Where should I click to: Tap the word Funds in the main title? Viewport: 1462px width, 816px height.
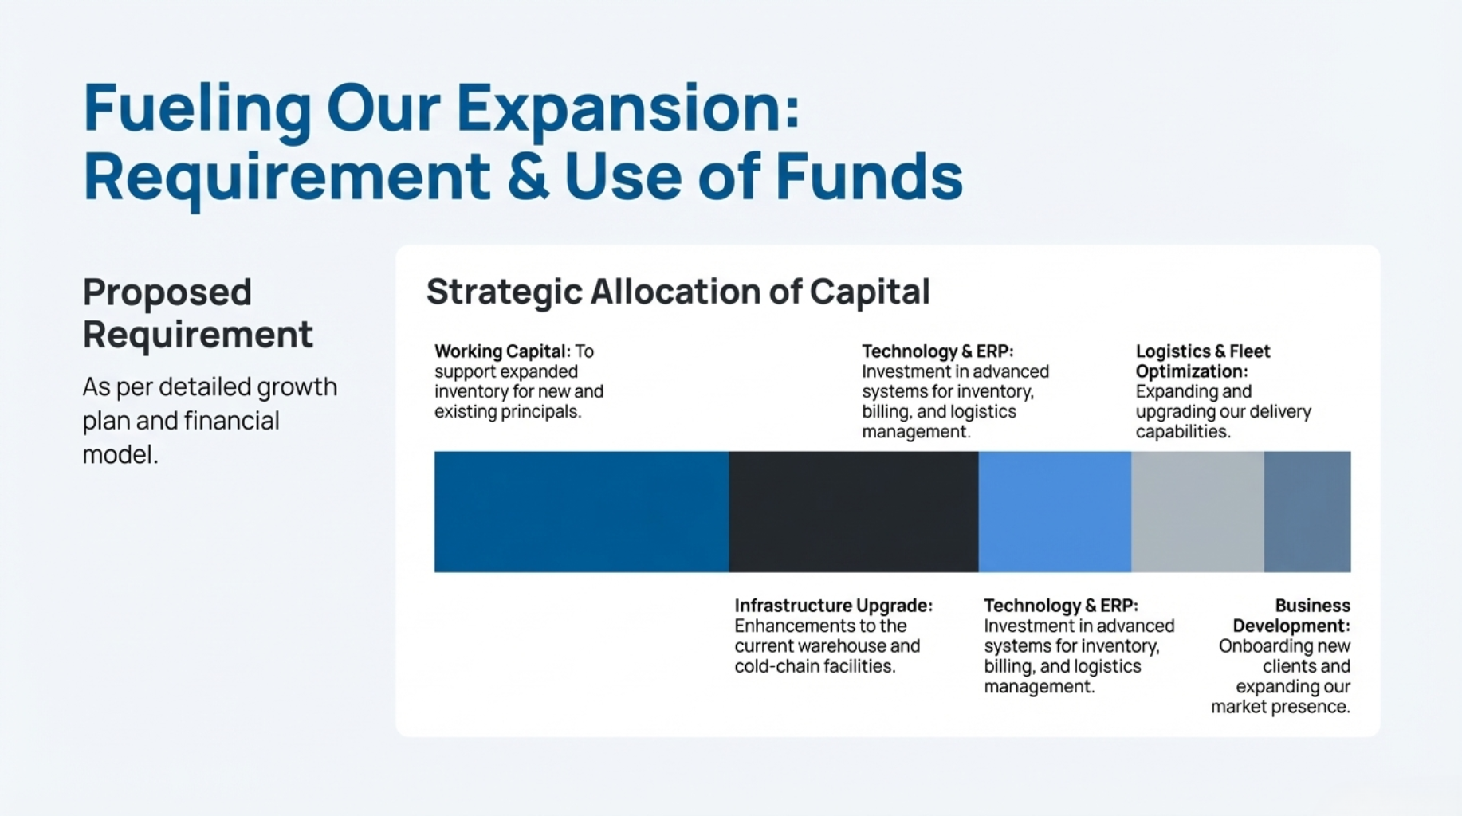(869, 176)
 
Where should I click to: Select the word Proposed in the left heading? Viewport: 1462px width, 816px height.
(167, 292)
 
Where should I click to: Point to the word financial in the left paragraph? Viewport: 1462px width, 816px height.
(231, 420)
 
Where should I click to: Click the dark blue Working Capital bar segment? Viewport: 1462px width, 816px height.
(582, 512)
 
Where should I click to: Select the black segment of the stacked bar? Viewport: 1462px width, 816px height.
(854, 512)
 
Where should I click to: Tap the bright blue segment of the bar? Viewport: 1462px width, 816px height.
(1055, 512)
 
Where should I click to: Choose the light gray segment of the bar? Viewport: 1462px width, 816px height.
(1197, 512)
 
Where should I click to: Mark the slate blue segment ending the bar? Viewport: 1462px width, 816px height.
(1307, 512)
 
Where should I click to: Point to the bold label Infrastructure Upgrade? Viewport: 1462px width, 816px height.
(834, 606)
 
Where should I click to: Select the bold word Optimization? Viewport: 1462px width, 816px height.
(1192, 371)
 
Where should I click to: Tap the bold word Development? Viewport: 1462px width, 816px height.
(1291, 626)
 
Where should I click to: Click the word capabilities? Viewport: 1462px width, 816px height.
(1183, 432)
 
